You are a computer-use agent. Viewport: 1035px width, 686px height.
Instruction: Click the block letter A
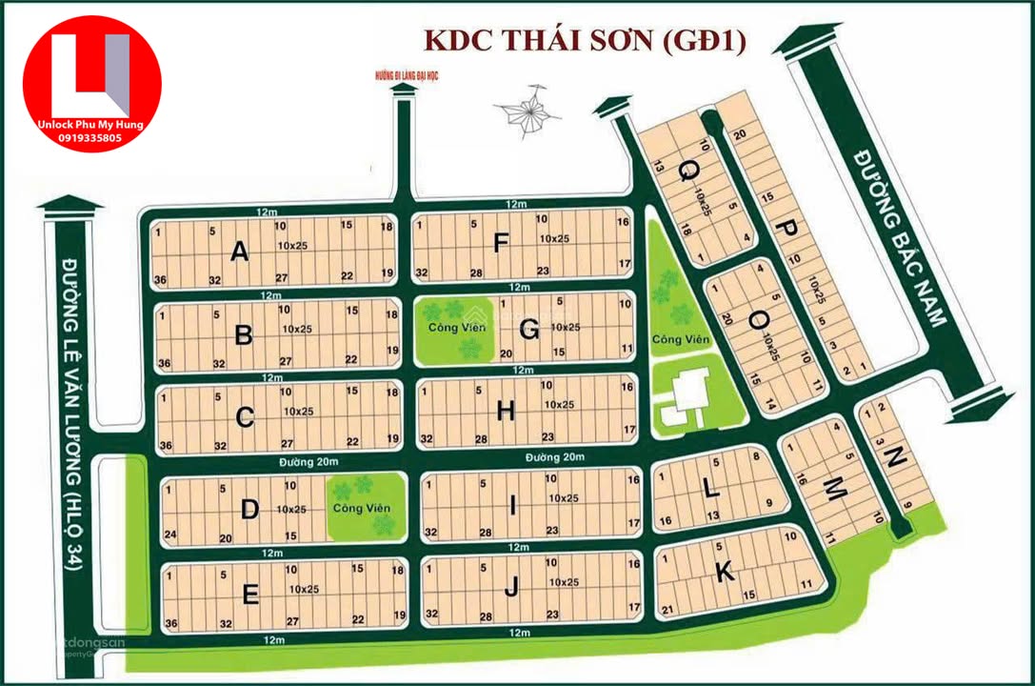pos(239,252)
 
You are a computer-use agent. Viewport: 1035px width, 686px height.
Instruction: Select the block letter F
pos(501,244)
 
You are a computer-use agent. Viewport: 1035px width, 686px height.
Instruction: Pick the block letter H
pos(506,412)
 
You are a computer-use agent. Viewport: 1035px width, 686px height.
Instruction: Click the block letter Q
pos(687,171)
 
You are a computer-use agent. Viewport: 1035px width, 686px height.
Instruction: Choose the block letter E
pos(250,595)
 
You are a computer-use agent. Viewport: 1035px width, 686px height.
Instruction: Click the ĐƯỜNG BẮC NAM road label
pos(899,236)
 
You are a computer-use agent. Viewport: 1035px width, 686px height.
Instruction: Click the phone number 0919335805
pos(91,138)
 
